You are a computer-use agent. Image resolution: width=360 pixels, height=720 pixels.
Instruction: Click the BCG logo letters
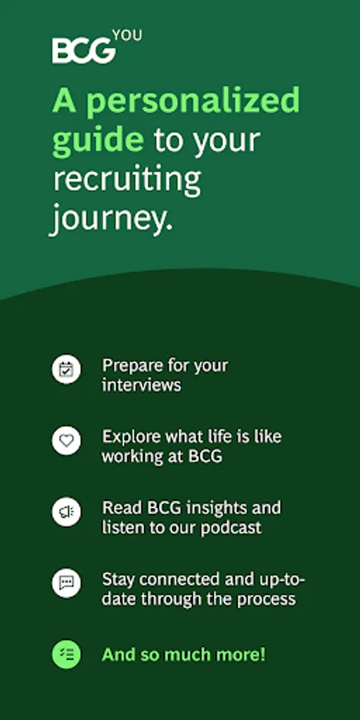tap(83, 50)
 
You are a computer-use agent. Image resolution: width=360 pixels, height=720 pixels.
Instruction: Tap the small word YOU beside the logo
tap(127, 35)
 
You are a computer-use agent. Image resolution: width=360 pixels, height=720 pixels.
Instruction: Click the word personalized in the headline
tap(193, 102)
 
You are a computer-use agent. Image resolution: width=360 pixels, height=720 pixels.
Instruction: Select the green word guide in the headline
tap(98, 141)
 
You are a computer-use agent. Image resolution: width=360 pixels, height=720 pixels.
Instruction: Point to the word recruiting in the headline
tap(127, 179)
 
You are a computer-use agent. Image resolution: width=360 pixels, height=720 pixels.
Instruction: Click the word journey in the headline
tap(111, 218)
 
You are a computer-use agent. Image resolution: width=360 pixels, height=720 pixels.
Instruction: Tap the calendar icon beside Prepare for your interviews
tap(66, 369)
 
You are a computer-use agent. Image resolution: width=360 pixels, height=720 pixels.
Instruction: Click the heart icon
tap(66, 440)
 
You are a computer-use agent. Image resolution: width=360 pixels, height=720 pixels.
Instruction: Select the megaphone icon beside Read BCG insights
tap(66, 511)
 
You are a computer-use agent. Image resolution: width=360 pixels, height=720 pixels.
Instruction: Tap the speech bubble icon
tap(66, 583)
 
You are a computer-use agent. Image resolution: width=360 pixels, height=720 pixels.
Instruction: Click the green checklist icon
tap(66, 654)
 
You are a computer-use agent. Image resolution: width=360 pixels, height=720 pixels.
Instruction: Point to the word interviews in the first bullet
tap(142, 386)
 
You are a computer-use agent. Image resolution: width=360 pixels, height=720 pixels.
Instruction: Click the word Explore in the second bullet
tap(132, 437)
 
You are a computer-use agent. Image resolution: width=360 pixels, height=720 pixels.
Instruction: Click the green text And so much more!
tap(184, 654)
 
